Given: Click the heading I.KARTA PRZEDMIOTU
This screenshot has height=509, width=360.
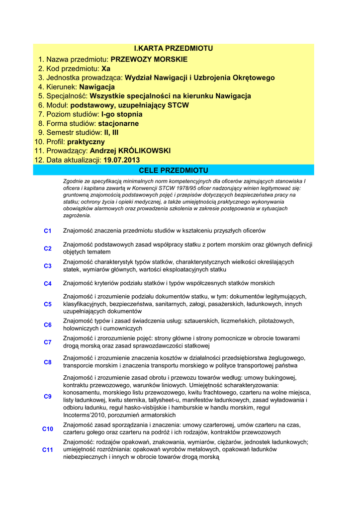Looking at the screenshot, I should tap(174, 48).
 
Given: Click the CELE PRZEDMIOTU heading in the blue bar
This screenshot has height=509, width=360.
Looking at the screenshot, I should tap(174, 170).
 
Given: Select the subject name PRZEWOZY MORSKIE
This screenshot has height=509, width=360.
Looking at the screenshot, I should tap(149, 60).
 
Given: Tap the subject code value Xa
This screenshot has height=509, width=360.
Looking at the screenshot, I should tap(106, 69).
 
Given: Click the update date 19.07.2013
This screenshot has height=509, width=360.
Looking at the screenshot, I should tap(122, 160).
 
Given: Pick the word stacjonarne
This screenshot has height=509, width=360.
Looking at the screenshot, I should tap(118, 123).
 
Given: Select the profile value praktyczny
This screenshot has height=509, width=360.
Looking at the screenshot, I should tap(86, 142).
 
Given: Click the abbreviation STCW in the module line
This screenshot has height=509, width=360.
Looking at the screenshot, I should tap(179, 105).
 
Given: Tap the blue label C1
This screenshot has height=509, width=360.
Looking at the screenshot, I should tap(48, 231).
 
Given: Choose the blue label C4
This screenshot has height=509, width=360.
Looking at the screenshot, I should tap(48, 284).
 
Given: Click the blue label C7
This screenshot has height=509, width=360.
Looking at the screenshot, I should tap(48, 342).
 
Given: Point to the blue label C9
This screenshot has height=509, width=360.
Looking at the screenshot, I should tap(48, 397).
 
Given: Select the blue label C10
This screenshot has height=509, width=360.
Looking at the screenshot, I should tap(48, 429).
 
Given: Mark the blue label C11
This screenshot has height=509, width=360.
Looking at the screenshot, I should tap(48, 450).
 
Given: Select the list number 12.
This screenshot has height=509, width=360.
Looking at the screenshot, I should tap(39, 160).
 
